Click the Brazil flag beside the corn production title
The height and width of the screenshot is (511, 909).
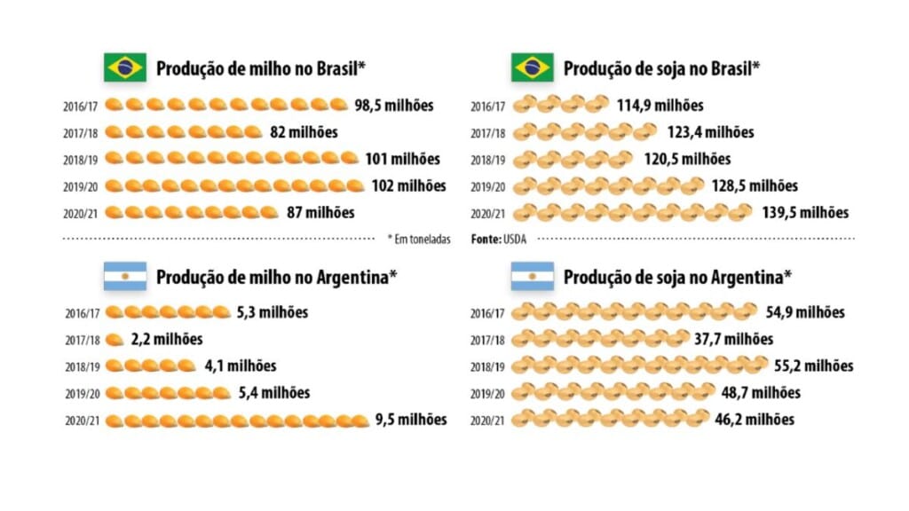[125, 67]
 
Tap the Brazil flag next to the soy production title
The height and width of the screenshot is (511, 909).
[532, 67]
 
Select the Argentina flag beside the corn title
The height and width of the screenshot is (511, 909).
[125, 277]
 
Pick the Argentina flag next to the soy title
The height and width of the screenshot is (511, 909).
[532, 277]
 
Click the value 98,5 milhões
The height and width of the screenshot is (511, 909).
[394, 106]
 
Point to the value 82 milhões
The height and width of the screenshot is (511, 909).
[304, 132]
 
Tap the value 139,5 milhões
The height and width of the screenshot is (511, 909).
[805, 213]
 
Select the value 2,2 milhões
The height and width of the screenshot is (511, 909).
[167, 339]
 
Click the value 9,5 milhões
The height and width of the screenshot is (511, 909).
[411, 420]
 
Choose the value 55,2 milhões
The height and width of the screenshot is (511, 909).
[810, 366]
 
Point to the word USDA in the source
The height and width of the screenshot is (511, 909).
[515, 239]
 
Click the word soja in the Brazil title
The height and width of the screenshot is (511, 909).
[668, 68]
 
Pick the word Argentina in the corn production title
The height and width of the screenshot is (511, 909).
[352, 277]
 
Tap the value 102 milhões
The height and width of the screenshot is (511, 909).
[408, 186]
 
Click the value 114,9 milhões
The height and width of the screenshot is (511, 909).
[660, 106]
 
